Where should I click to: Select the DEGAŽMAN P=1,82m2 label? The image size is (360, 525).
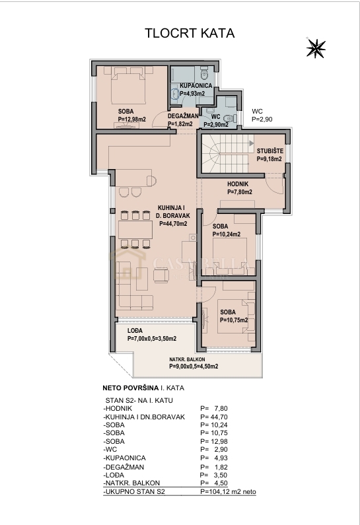click(180, 120)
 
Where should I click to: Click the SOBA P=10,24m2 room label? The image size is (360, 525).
click(226, 230)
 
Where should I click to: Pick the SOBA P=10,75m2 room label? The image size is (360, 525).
click(234, 316)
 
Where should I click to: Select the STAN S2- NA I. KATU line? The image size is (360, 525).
click(143, 400)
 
